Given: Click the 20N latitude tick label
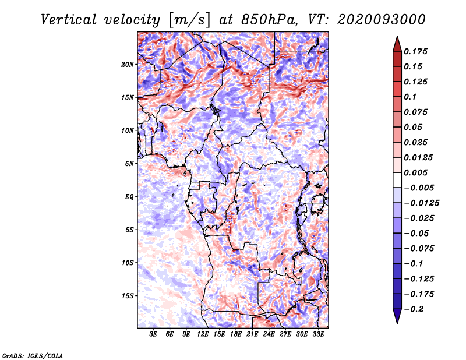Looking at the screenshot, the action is coord(128,65).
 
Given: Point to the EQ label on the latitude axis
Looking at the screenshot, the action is coord(129,196).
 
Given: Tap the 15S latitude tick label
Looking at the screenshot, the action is coord(128,296).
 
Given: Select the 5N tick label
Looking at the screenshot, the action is coord(129,164).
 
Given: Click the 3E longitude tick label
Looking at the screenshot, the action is coord(153,334).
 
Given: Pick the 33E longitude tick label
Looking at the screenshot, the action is coord(318,334).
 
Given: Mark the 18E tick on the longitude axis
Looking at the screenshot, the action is coord(236,334).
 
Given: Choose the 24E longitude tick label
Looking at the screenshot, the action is coord(269,334).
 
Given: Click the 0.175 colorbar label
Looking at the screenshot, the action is coord(415,51).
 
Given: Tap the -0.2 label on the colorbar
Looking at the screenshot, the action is coord(414,309).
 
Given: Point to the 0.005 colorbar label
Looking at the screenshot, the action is coord(415,172).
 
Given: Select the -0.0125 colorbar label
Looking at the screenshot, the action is coord(421,203).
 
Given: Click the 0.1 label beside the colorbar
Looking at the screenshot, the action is coord(410,97).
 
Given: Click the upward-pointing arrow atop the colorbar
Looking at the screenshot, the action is coord(397,44).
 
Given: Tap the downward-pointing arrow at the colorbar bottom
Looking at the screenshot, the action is coord(397,316).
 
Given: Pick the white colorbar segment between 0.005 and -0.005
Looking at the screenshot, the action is coord(397,180).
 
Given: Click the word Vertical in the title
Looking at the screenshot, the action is coord(69,20).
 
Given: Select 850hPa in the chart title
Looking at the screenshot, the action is coord(269,20).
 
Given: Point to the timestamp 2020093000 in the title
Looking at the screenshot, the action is coord(382,20).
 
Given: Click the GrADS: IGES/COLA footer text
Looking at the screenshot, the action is coord(33,355).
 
